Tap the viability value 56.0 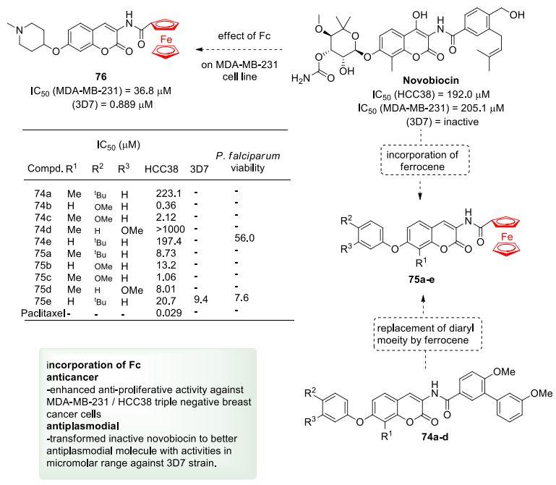[243, 237]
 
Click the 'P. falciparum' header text [244, 156]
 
